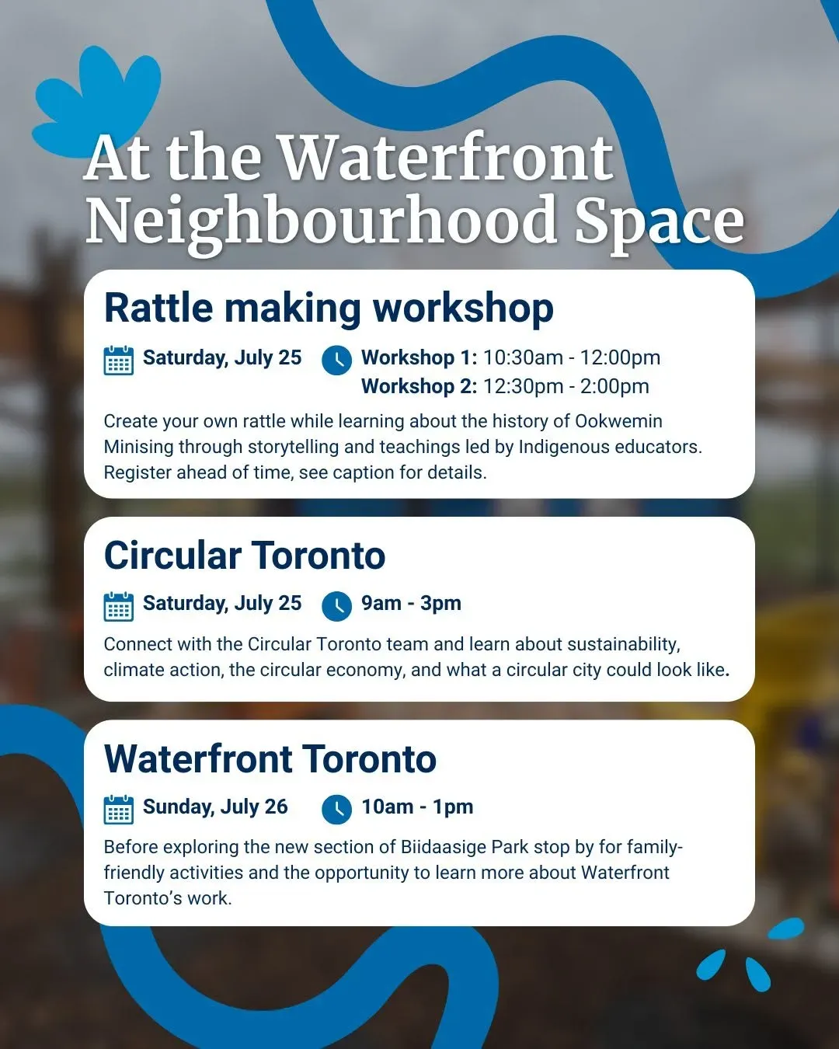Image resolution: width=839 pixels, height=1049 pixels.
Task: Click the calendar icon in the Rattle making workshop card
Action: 118,361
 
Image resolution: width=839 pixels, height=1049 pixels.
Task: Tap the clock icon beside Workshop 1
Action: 336,361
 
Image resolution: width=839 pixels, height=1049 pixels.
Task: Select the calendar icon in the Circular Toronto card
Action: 118,606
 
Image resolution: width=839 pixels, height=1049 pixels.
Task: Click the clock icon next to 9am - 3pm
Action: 336,606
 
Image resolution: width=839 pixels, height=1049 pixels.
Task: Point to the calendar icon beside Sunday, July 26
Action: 118,810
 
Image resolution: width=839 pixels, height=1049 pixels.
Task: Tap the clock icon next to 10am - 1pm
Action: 336,810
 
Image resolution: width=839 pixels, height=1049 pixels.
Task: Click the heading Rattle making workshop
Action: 329,309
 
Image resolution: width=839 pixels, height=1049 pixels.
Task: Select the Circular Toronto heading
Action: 245,556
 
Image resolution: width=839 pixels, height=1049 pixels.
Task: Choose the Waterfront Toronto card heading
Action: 270,759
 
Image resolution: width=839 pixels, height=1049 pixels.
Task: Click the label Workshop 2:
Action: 419,386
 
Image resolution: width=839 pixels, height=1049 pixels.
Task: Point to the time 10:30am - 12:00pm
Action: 572,357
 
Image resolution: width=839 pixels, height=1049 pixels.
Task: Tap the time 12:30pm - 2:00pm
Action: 566,386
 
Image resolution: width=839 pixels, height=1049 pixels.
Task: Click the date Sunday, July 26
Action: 215,807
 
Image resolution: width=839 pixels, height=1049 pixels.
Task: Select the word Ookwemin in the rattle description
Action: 618,421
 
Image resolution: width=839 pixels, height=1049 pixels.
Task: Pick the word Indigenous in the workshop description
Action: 564,448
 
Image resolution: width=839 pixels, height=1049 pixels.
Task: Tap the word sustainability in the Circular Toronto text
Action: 624,645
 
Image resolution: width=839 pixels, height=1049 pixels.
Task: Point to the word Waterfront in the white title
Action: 447,157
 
